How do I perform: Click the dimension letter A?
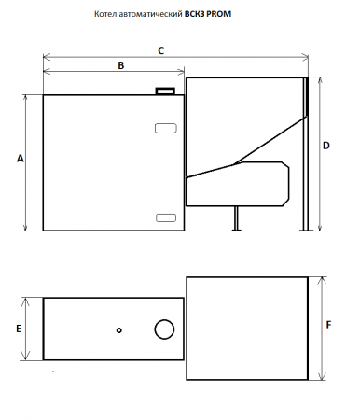click(x=21, y=159)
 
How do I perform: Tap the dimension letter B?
click(x=121, y=65)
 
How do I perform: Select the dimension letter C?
click(x=160, y=50)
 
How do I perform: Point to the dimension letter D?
click(x=326, y=146)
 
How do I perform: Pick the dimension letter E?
click(x=19, y=329)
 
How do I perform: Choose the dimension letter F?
click(x=328, y=325)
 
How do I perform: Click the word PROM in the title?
click(x=219, y=14)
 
